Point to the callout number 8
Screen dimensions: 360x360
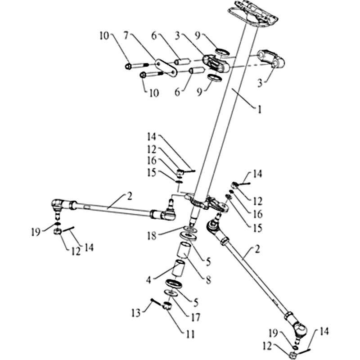click(208, 279)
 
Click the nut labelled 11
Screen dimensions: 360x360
click(167, 306)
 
